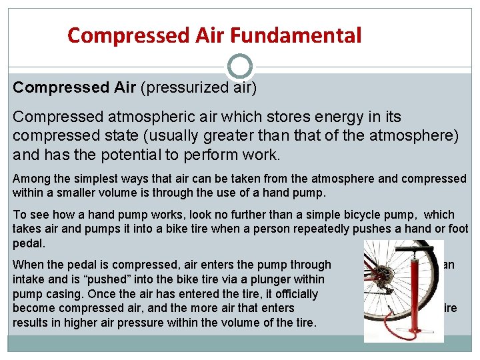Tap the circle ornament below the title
click(x=239, y=67)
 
